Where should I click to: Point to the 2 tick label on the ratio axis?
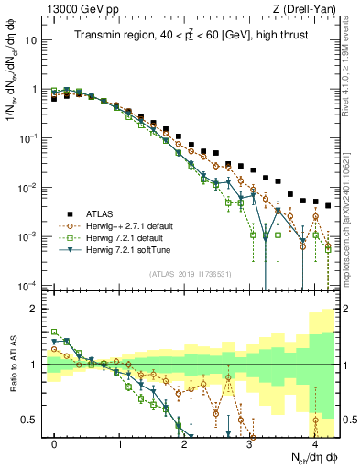[36, 309]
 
